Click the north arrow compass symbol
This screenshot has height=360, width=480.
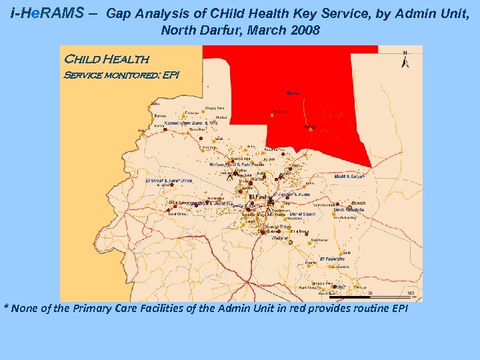pos(405,59)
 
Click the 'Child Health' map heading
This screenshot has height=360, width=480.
pos(105,61)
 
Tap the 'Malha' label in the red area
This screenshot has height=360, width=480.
pos(292,93)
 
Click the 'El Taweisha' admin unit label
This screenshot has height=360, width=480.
pos(331,259)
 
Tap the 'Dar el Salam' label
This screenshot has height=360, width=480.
pos(302,215)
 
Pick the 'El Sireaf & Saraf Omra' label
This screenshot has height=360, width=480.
pos(169,180)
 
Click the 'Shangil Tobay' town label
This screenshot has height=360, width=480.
pos(278,227)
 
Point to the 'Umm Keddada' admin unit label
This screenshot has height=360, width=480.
pos(349,209)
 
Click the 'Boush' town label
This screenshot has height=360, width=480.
pos(358,203)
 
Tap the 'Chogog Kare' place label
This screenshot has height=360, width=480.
pos(213,107)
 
